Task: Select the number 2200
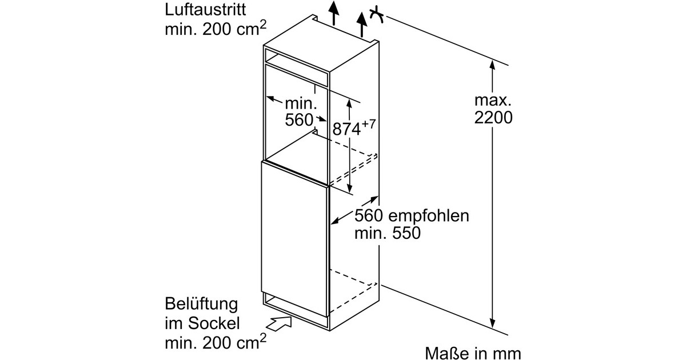click(492, 118)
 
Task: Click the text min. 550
click(387, 233)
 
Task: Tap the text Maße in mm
click(473, 353)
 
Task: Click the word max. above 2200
click(492, 101)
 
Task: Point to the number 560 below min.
click(299, 120)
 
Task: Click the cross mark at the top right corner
click(376, 14)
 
